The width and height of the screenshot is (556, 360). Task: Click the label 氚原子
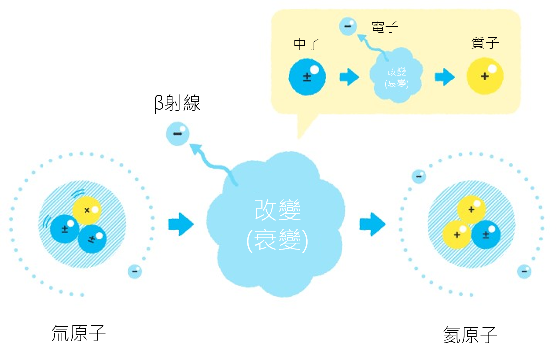click(x=79, y=333)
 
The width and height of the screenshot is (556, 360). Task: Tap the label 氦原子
click(x=470, y=335)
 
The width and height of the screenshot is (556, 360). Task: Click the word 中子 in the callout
click(x=307, y=44)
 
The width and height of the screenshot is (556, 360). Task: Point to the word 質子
click(x=485, y=43)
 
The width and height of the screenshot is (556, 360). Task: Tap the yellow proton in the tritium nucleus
click(x=87, y=210)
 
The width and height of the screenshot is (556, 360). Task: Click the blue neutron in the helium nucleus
click(x=486, y=234)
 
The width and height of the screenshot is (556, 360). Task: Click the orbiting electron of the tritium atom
click(x=134, y=271)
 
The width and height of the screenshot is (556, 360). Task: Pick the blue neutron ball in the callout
click(x=307, y=77)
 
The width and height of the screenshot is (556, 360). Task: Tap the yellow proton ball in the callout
click(x=485, y=76)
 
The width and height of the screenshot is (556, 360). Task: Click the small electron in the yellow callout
click(x=348, y=26)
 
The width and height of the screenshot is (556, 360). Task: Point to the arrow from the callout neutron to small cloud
click(x=349, y=77)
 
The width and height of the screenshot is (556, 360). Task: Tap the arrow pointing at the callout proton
click(x=445, y=77)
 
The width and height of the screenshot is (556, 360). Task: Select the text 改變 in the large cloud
click(x=277, y=211)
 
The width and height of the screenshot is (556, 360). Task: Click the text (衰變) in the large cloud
click(x=277, y=241)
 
